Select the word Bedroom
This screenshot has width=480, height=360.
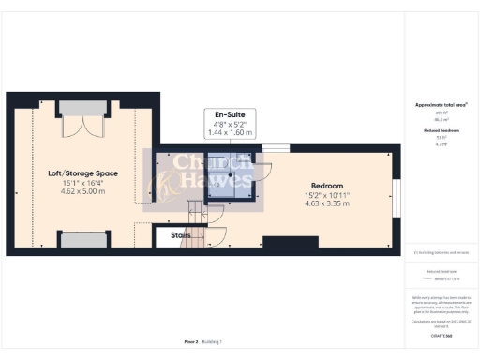pos(327,185)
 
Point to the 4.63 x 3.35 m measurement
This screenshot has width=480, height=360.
pos(327,203)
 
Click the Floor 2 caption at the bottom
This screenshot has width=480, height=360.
pos(190,342)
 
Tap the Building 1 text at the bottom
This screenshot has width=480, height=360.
pos(215,342)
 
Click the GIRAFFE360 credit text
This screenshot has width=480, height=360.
pos(441,335)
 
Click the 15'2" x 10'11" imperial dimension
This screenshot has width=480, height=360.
pos(327,194)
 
